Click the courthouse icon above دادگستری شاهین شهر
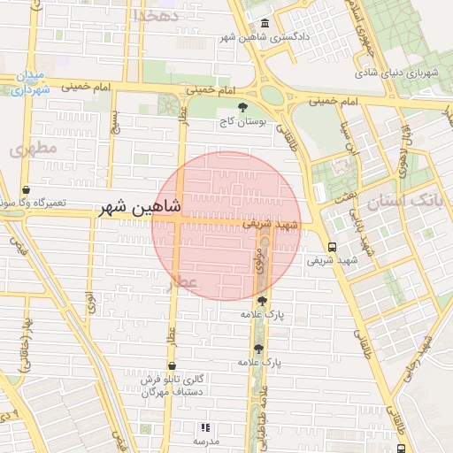tap(265, 23)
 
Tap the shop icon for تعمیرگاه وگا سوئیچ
tap(26, 189)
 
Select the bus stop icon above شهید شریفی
tap(332, 247)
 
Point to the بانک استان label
tap(407, 202)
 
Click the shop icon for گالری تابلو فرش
tap(171, 365)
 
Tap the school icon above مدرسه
tap(206, 427)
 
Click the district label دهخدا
tap(155, 15)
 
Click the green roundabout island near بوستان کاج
tap(273, 95)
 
